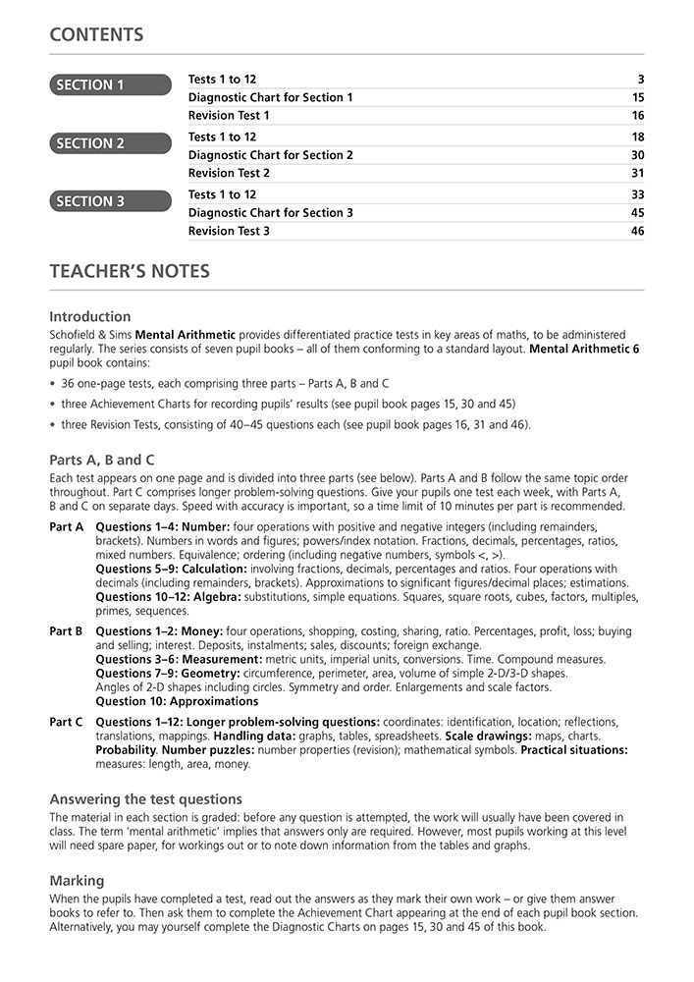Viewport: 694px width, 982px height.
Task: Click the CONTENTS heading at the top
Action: pyautogui.click(x=96, y=35)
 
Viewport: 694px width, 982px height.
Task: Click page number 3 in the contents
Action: pyautogui.click(x=640, y=80)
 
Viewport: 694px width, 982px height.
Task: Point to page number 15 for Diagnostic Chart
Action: pyautogui.click(x=637, y=97)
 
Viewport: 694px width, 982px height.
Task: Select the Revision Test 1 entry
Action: pyautogui.click(x=229, y=115)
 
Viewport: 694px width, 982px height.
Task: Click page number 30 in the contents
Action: pyautogui.click(x=637, y=155)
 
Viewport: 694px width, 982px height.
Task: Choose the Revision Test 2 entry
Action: pyautogui.click(x=229, y=173)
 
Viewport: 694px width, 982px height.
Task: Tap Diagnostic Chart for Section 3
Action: pyautogui.click(x=270, y=213)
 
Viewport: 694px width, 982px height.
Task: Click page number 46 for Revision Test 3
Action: pyautogui.click(x=637, y=231)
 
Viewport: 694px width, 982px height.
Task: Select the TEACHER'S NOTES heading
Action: pyautogui.click(x=130, y=271)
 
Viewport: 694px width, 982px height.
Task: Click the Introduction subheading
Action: pyautogui.click(x=89, y=316)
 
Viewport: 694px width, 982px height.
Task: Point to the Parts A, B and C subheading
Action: pyautogui.click(x=102, y=460)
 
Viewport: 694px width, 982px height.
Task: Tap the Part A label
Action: pyautogui.click(x=67, y=527)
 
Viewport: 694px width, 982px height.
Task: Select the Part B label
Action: pyautogui.click(x=67, y=631)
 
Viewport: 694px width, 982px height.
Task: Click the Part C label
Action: pyautogui.click(x=67, y=722)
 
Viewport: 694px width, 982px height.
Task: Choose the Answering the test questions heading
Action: pyautogui.click(x=145, y=799)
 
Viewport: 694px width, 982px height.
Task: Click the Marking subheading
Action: pyautogui.click(x=77, y=881)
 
